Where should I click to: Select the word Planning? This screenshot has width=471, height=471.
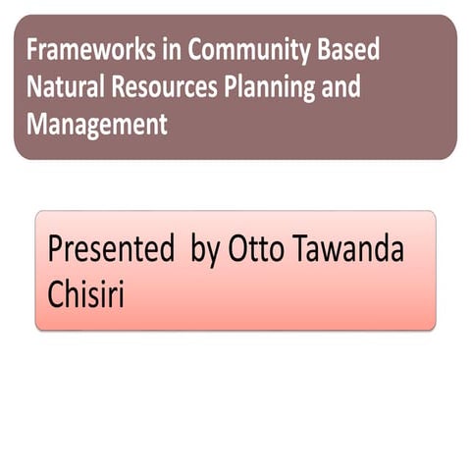(274, 89)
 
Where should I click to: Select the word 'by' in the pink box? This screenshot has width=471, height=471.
(206, 252)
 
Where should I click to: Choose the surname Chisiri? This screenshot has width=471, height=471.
(86, 293)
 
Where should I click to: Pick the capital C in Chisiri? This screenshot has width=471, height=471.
(56, 293)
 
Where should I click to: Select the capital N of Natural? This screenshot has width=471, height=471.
(33, 87)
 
